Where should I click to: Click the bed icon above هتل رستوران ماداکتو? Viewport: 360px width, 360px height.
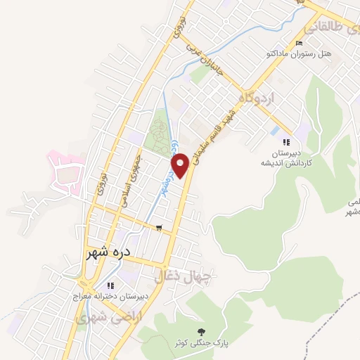(300, 44)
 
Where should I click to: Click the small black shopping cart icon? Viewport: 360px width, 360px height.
(160, 227)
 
